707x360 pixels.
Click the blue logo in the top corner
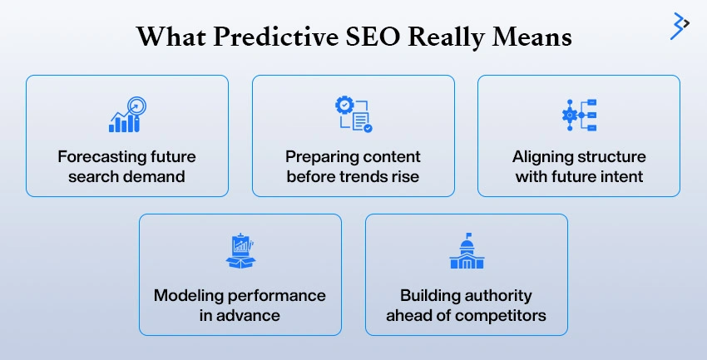coord(681,26)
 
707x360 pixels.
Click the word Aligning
coord(542,156)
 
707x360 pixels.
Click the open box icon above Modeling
coord(240,253)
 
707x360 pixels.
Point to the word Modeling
coord(189,296)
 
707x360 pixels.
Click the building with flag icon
coord(466,253)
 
